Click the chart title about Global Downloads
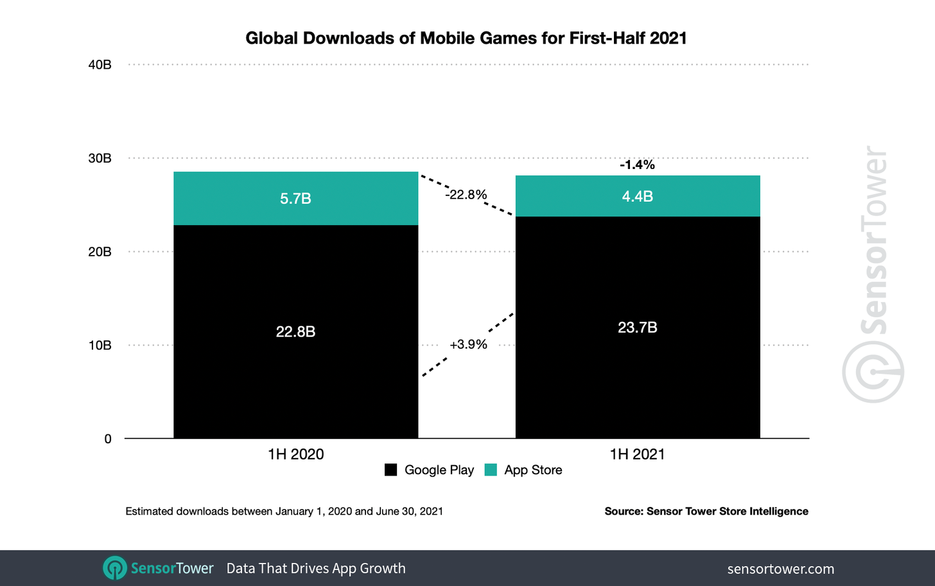click(466, 38)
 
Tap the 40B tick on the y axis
click(100, 65)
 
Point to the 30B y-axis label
click(100, 158)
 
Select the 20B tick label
click(100, 252)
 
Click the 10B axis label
click(100, 345)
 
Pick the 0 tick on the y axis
click(108, 439)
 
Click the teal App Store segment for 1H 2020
click(295, 198)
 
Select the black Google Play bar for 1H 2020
click(295, 332)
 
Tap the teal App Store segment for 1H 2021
click(637, 196)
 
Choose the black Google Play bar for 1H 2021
click(637, 327)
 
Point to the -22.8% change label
click(466, 195)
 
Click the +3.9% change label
click(468, 344)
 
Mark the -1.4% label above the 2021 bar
click(637, 165)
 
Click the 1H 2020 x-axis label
click(295, 454)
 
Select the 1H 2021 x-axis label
click(637, 454)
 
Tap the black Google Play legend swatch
click(390, 470)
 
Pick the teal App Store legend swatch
click(491, 470)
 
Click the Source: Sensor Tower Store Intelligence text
click(706, 511)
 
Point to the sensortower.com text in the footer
click(780, 569)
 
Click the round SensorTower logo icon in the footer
click(115, 568)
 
